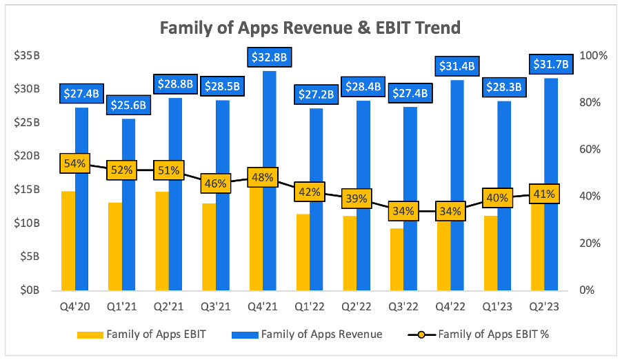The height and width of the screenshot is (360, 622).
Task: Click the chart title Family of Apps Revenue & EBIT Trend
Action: click(x=310, y=28)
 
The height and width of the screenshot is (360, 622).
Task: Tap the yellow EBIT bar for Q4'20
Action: click(x=68, y=241)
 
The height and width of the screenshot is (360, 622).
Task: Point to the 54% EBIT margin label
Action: click(x=74, y=163)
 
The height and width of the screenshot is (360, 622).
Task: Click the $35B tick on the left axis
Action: click(x=27, y=56)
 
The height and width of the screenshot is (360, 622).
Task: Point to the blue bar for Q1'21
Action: click(x=129, y=207)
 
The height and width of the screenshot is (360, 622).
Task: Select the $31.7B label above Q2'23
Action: click(x=550, y=65)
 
